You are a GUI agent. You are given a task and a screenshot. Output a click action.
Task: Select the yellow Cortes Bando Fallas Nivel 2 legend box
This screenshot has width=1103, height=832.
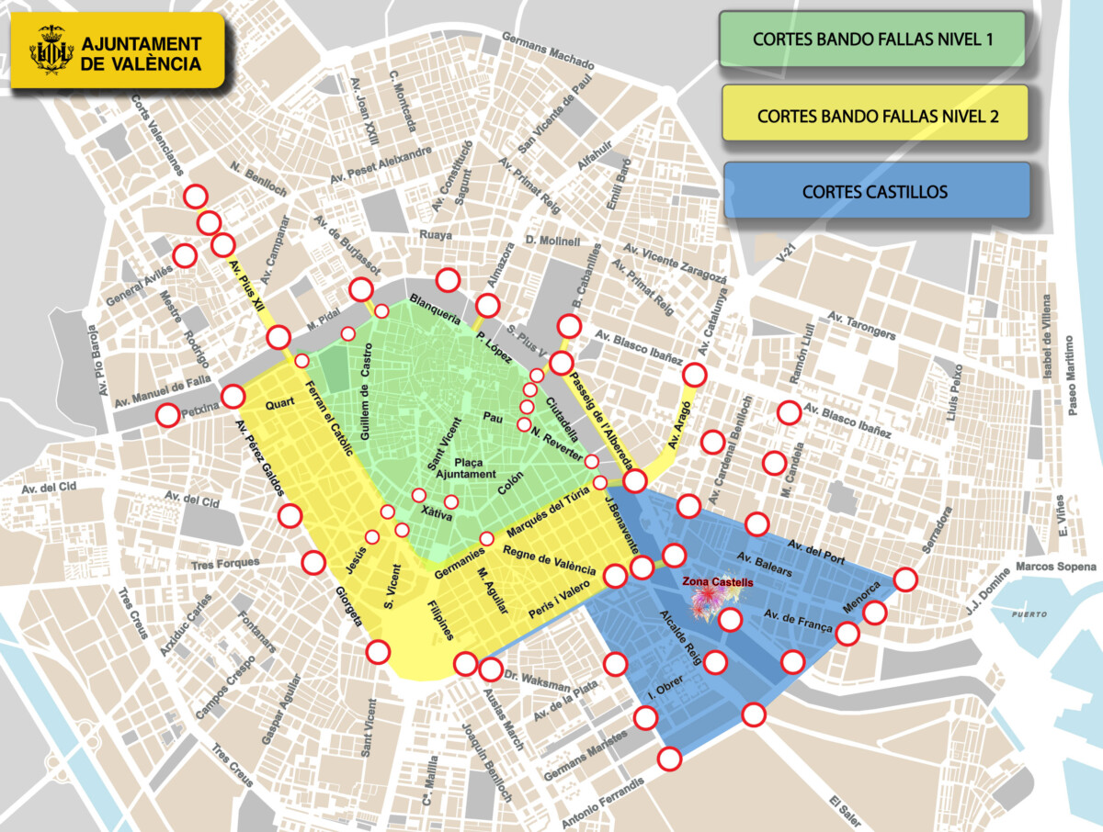click(874, 116)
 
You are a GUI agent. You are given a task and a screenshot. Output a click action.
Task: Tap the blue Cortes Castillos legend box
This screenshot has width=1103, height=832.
click(874, 192)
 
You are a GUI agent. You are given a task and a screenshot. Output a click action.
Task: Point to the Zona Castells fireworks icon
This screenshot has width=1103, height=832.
click(709, 602)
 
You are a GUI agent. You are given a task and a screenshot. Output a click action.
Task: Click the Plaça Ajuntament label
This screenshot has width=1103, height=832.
click(465, 467)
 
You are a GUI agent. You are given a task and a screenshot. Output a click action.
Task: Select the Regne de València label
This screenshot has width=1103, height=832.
click(550, 561)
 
